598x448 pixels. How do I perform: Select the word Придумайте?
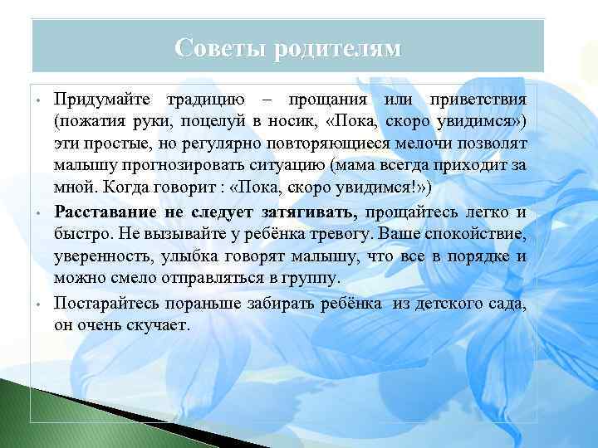tap(105, 100)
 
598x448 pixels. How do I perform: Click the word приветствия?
tap(478, 100)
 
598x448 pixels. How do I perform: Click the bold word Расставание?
tap(114, 212)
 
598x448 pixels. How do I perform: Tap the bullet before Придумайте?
tap(39, 101)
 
